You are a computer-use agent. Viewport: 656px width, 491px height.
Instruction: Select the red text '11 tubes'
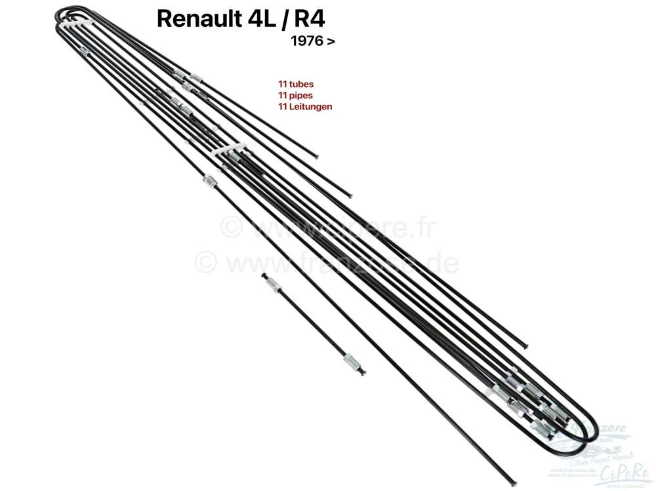(295, 84)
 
